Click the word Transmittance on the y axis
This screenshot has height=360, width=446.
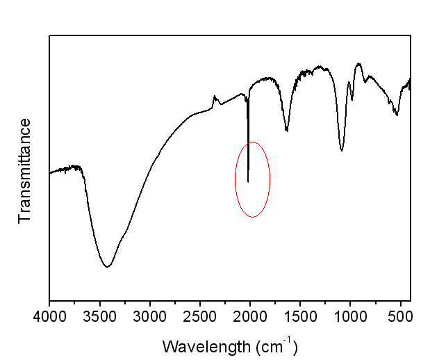[x=26, y=170]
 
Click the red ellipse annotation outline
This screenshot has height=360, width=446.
[x=236, y=179]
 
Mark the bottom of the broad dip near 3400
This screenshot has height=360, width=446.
[x=107, y=266]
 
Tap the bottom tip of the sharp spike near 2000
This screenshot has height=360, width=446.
[x=248, y=182]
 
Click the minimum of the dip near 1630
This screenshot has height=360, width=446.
[x=287, y=130]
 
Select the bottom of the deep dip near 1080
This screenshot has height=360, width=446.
[x=342, y=150]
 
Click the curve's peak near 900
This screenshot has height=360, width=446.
[x=358, y=64]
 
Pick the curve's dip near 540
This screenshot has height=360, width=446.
[x=397, y=115]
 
